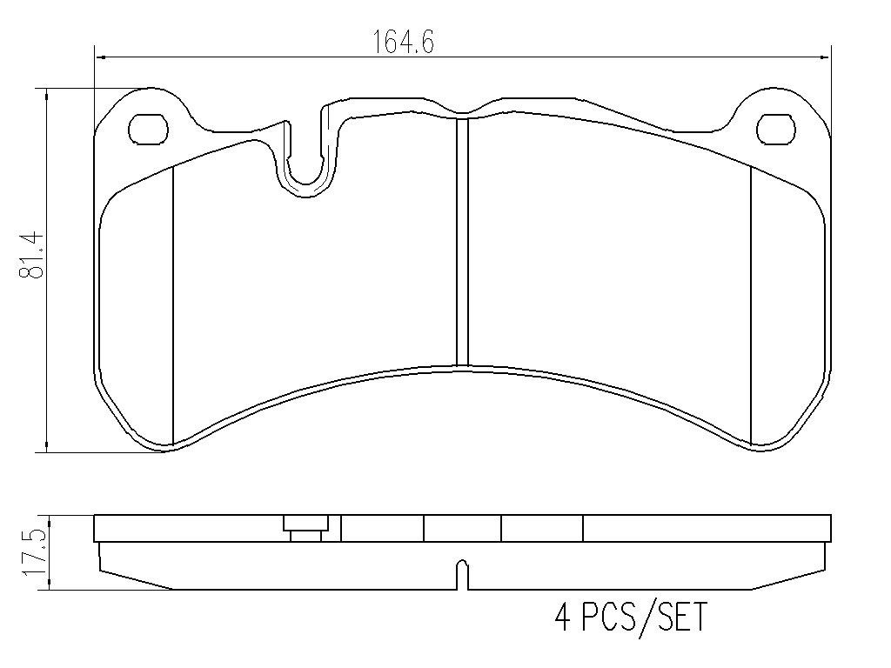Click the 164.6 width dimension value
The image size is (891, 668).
[x=404, y=42]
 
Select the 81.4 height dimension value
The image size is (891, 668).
[x=32, y=254]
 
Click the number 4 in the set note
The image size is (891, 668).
[x=563, y=617]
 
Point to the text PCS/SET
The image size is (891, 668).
[x=644, y=617]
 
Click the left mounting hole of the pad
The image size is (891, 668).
[x=149, y=129]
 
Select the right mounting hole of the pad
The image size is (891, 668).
[x=775, y=129]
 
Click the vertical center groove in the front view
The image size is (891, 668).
[x=462, y=242]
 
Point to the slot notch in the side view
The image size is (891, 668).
[x=462, y=575]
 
